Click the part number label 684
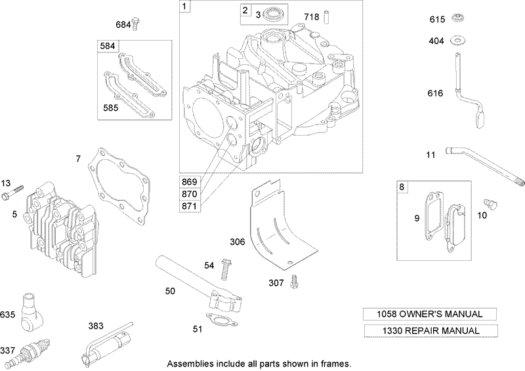coord(123,24)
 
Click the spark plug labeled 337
coord(31,351)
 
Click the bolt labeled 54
coord(228,269)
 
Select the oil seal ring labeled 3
coord(275,14)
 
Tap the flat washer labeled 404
coord(455,41)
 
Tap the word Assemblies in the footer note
coord(192,363)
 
